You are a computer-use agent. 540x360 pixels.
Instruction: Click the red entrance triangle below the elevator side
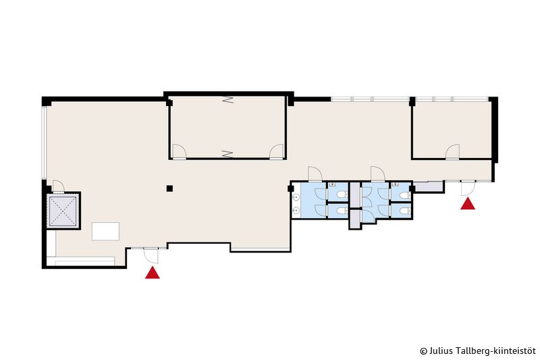[x=153, y=273]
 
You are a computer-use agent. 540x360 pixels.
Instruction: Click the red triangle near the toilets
[x=468, y=203]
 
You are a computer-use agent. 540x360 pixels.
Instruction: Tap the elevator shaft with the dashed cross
[x=63, y=211]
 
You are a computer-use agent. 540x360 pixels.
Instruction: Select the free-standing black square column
[x=169, y=188]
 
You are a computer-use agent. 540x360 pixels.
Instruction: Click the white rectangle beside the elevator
[x=105, y=231]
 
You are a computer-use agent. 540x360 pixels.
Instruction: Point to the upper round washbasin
[x=296, y=197]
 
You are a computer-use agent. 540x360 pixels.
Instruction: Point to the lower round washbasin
[x=296, y=209]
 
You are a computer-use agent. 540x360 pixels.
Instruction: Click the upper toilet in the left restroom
[x=342, y=195]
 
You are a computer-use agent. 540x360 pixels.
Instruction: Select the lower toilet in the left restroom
[x=342, y=210]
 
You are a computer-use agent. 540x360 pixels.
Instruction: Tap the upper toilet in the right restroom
[x=406, y=195]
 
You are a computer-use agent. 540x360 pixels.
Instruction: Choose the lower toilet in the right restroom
[x=406, y=211]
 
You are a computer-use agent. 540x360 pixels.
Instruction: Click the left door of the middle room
[x=179, y=151]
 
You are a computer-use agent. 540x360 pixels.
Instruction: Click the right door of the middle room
[x=276, y=151]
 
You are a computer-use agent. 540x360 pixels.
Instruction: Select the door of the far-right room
[x=452, y=151]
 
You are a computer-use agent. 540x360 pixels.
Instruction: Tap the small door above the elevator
[x=58, y=186]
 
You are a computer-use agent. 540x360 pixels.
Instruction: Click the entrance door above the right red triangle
[x=468, y=188]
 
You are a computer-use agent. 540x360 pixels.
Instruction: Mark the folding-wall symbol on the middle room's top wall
[x=227, y=100]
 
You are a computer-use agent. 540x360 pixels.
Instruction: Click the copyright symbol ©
[x=424, y=351]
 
